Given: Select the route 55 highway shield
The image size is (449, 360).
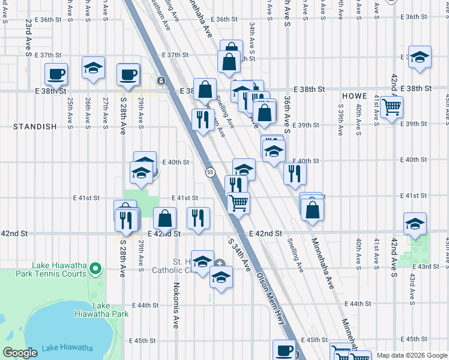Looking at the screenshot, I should (210, 172).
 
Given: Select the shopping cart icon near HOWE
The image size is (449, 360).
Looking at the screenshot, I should (391, 107).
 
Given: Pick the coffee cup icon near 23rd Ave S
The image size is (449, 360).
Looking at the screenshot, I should (56, 74).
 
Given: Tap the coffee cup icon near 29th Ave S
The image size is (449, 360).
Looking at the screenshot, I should (128, 74).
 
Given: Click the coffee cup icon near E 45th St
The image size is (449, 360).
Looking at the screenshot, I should (284, 350).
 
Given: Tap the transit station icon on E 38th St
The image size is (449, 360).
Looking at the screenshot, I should (161, 80).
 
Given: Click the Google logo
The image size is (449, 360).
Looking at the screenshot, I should (20, 353).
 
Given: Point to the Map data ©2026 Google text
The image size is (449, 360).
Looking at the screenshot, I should (412, 355).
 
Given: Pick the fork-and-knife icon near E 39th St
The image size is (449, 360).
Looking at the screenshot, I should (203, 119).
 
